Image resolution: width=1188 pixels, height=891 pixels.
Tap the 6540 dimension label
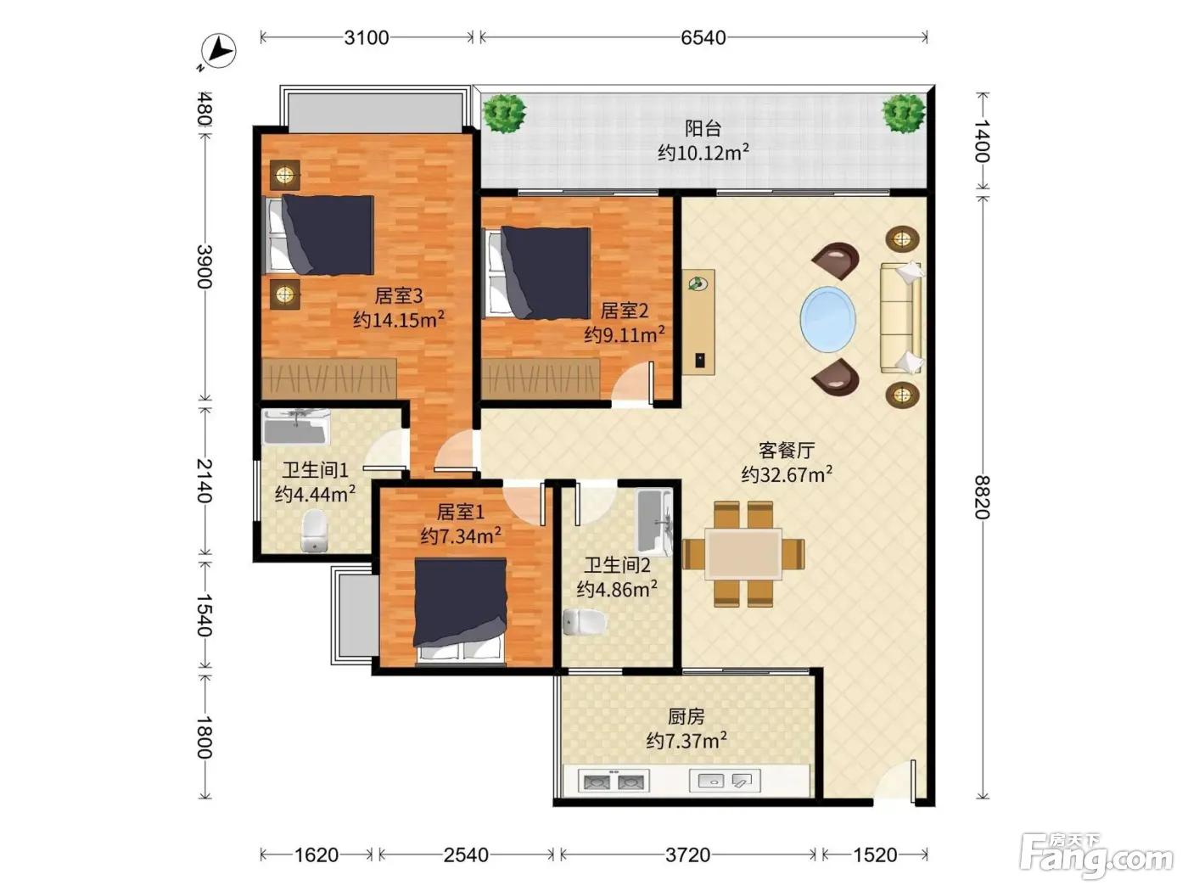click(703, 38)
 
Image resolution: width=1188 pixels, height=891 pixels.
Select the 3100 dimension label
click(367, 38)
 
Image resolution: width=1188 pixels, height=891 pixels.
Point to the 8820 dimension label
click(982, 497)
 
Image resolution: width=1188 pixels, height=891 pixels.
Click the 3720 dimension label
click(687, 855)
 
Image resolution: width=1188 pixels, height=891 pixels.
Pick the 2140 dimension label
click(204, 480)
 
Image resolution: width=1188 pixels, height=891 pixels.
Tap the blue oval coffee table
click(828, 320)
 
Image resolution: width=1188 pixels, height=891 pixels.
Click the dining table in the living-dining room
click(743, 554)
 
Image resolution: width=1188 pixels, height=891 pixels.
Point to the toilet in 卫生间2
click(584, 622)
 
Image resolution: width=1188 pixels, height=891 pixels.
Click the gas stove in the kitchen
click(614, 781)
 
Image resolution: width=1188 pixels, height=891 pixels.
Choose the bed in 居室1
click(461, 611)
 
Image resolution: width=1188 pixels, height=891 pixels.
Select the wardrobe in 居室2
click(541, 378)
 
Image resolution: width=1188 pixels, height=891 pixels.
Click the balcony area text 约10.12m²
click(703, 153)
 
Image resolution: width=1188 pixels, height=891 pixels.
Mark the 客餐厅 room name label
click(787, 450)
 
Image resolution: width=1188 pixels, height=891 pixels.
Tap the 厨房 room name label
click(686, 716)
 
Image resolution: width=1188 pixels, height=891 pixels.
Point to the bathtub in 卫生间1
click(295, 427)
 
